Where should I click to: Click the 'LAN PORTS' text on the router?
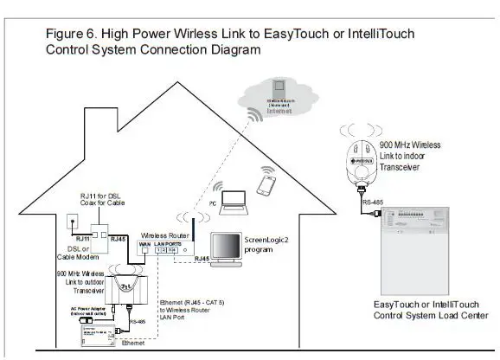click(173, 244)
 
